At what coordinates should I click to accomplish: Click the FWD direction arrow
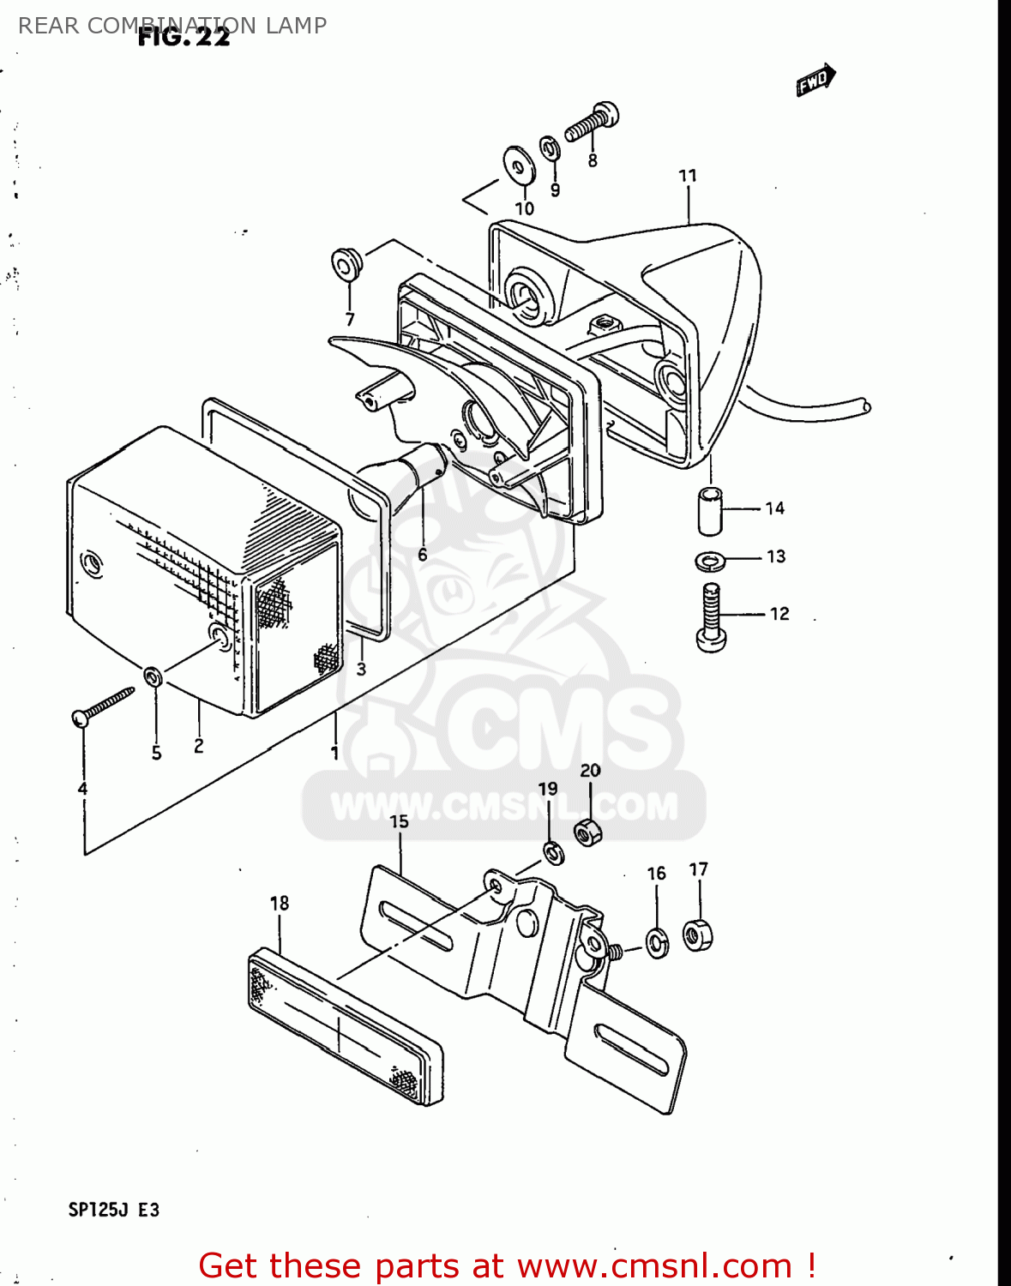tap(815, 80)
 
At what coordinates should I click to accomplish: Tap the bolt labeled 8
tap(592, 123)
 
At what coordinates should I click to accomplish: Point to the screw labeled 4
tap(103, 706)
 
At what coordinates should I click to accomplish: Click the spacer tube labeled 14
tap(710, 510)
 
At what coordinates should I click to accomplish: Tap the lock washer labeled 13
tap(710, 561)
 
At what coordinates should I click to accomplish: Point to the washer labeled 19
tap(553, 853)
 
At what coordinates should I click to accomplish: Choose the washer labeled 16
tap(657, 942)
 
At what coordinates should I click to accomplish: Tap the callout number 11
tap(688, 176)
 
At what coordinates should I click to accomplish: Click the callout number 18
tap(280, 903)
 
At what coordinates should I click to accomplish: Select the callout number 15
tap(400, 821)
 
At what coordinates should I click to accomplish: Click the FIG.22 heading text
tap(184, 38)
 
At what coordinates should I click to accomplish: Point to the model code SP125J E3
tap(114, 1210)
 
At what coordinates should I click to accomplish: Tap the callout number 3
tap(361, 669)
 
